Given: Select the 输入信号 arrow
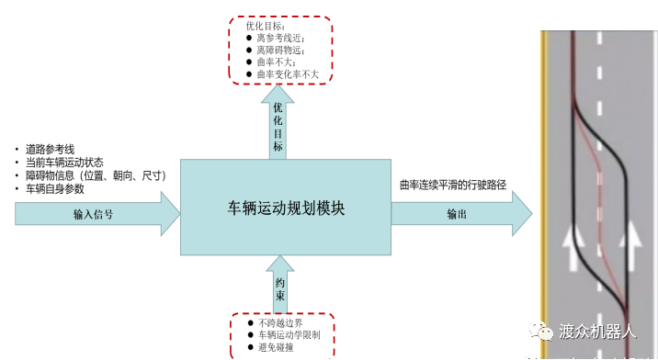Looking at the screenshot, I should pos(96,215).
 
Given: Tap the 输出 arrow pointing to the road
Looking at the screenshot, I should pos(459,214).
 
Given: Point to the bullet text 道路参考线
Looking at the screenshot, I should pos(51,150).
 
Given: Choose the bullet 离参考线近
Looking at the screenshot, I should pos(282,39).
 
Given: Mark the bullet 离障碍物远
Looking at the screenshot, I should pos(282,51).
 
